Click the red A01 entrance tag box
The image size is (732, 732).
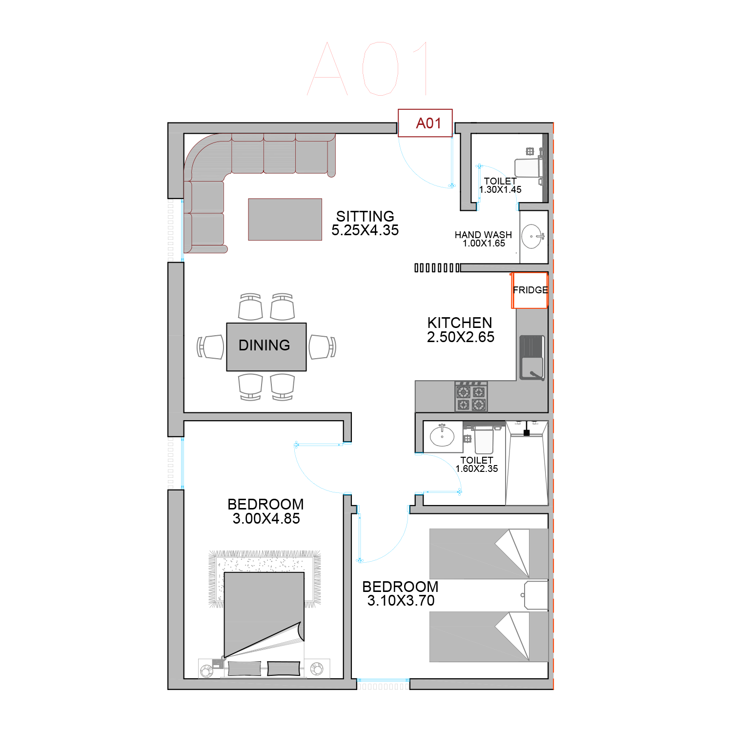click(x=425, y=123)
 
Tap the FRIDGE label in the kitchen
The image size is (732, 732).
click(x=530, y=290)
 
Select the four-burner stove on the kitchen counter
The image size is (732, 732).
click(x=471, y=397)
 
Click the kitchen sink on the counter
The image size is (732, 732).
click(x=531, y=357)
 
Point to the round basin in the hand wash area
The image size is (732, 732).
click(x=531, y=237)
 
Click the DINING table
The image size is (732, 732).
click(x=266, y=347)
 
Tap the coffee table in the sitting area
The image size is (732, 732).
click(x=285, y=220)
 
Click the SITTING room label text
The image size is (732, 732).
click(x=365, y=216)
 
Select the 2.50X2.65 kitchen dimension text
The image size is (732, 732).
click(x=461, y=337)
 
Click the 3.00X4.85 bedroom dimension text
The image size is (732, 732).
click(x=266, y=519)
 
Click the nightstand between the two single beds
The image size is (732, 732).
click(x=536, y=595)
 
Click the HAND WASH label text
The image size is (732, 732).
click(x=483, y=235)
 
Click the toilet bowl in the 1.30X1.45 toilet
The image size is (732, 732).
click(x=529, y=168)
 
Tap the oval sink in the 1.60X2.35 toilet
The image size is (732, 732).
click(x=442, y=436)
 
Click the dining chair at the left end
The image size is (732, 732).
click(x=211, y=347)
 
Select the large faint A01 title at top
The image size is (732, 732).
click(x=367, y=68)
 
